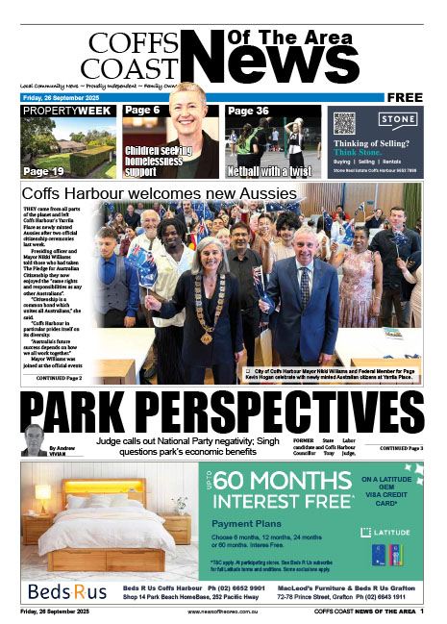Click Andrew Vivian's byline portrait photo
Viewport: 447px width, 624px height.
[x=34, y=441]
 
